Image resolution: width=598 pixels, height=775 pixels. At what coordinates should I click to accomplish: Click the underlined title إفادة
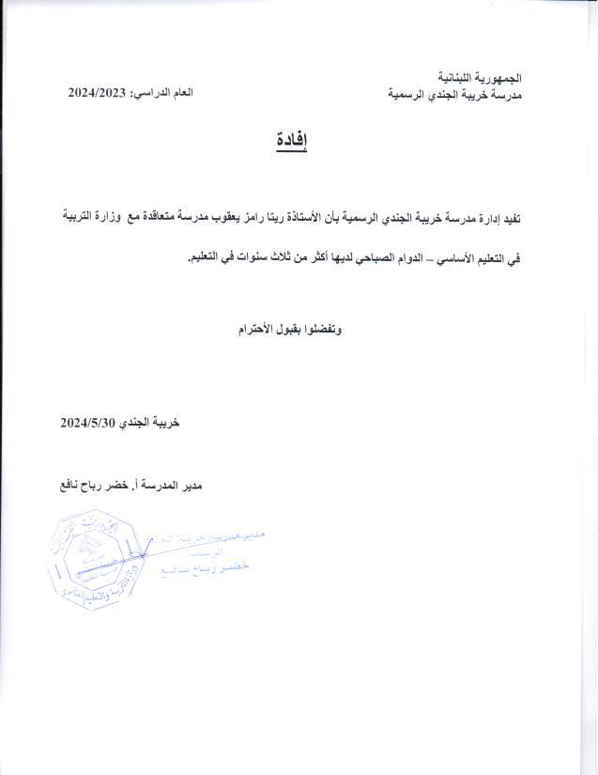(291, 142)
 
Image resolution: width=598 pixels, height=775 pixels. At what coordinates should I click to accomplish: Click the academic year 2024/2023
(98, 93)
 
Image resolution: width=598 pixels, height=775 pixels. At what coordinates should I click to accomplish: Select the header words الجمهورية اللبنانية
(481, 77)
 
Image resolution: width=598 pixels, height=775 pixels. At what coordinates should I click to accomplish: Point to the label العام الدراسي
(162, 93)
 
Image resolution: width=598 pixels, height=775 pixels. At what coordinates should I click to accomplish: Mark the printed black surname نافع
(76, 486)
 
